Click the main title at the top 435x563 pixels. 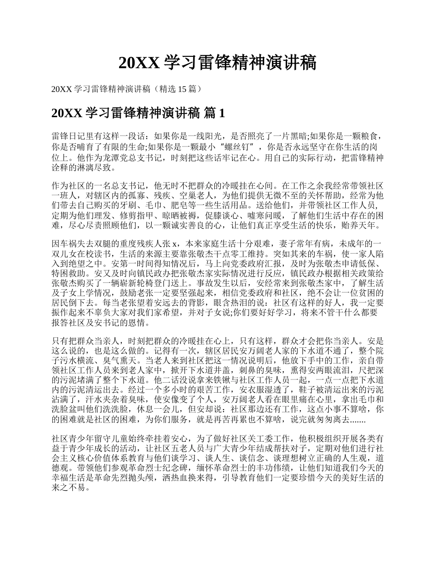(x=217, y=63)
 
